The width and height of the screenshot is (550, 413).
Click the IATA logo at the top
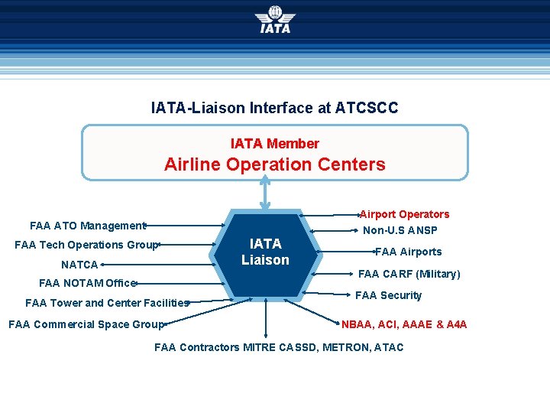(x=274, y=20)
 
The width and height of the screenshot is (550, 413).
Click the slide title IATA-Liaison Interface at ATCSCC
(x=274, y=108)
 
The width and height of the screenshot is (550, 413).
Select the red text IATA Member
(x=274, y=143)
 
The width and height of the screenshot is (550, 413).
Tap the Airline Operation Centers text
(x=274, y=164)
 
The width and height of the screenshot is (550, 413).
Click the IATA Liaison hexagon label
(x=265, y=252)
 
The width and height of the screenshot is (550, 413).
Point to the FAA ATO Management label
(x=87, y=226)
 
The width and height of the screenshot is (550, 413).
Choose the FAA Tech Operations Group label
(x=86, y=245)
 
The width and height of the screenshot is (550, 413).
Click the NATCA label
(x=79, y=265)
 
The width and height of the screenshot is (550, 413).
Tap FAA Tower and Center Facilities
(x=106, y=303)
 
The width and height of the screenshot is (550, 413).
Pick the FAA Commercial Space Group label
(x=86, y=324)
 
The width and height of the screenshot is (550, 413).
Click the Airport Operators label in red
(x=404, y=214)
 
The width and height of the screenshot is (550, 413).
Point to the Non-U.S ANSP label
(x=400, y=230)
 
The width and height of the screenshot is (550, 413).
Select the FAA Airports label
(x=408, y=252)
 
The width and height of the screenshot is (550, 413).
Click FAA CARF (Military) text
(x=409, y=274)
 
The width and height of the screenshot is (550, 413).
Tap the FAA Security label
(x=388, y=295)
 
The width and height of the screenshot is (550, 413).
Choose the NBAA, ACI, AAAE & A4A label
(x=404, y=324)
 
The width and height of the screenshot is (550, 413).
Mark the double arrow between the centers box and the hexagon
(x=265, y=193)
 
